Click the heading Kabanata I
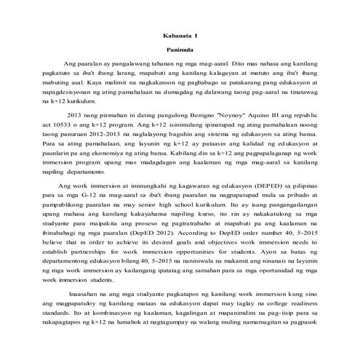(x=180, y=33)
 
